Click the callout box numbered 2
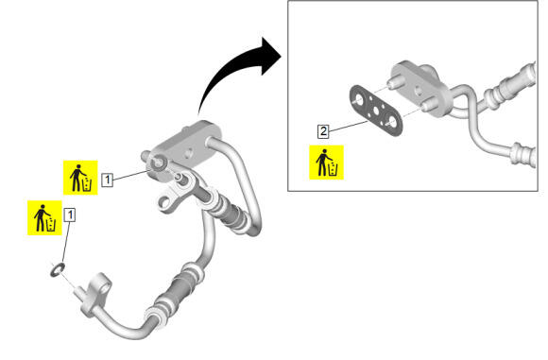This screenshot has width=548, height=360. pyautogui.click(x=323, y=131)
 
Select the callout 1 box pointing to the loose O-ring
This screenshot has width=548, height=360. pyautogui.click(x=70, y=214)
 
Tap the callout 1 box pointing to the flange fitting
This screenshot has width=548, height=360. pyautogui.click(x=108, y=180)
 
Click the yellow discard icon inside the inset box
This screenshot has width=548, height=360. pyautogui.click(x=326, y=163)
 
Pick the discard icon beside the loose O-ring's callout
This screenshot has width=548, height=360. pyautogui.click(x=44, y=217)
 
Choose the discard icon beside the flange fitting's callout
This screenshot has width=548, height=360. pyautogui.click(x=80, y=178)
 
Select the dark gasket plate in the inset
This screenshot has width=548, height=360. pyautogui.click(x=376, y=111)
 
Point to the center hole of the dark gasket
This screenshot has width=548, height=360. pyautogui.click(x=376, y=111)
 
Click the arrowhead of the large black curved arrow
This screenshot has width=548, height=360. pyautogui.click(x=271, y=57)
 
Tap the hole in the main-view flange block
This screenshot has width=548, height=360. pyautogui.click(x=189, y=153)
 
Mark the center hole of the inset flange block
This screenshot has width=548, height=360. pyautogui.click(x=418, y=92)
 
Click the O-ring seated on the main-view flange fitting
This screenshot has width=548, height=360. pyautogui.click(x=158, y=163)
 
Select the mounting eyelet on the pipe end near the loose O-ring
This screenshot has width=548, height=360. pyautogui.click(x=102, y=288)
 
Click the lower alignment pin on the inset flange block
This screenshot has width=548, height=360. pyautogui.click(x=427, y=105)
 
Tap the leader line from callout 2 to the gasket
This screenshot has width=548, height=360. pyautogui.click(x=348, y=127)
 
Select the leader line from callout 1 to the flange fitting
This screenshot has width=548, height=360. pyautogui.click(x=132, y=175)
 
